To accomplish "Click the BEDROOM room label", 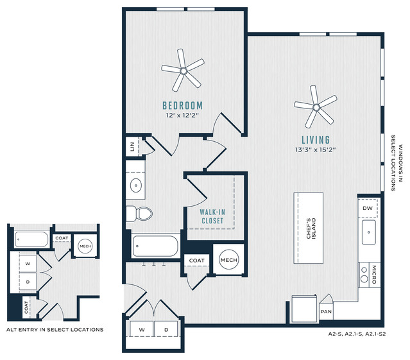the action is (x=182, y=106).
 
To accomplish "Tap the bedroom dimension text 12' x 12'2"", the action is (x=182, y=116).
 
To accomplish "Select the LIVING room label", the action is (x=316, y=140).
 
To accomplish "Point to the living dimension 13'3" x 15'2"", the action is (x=315, y=150).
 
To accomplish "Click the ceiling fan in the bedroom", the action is (x=184, y=71).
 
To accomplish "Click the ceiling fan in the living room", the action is (x=316, y=107).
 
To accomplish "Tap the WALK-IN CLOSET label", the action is (x=212, y=216).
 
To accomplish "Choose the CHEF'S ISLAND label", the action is (x=311, y=228).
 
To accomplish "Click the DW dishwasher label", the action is (x=368, y=208).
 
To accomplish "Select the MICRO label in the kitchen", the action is (x=374, y=275).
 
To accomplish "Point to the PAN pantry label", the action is (x=326, y=312).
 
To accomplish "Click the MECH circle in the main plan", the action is (x=229, y=260).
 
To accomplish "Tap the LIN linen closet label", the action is (x=132, y=147).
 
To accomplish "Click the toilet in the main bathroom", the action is (x=139, y=214).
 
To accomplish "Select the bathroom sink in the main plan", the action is (x=136, y=185).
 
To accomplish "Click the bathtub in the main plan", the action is (x=155, y=246).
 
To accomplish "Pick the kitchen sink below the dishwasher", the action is (x=369, y=232).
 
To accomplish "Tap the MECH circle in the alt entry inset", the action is (x=85, y=246).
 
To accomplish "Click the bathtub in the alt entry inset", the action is (x=31, y=239).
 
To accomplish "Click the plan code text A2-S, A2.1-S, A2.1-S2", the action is (x=357, y=334).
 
